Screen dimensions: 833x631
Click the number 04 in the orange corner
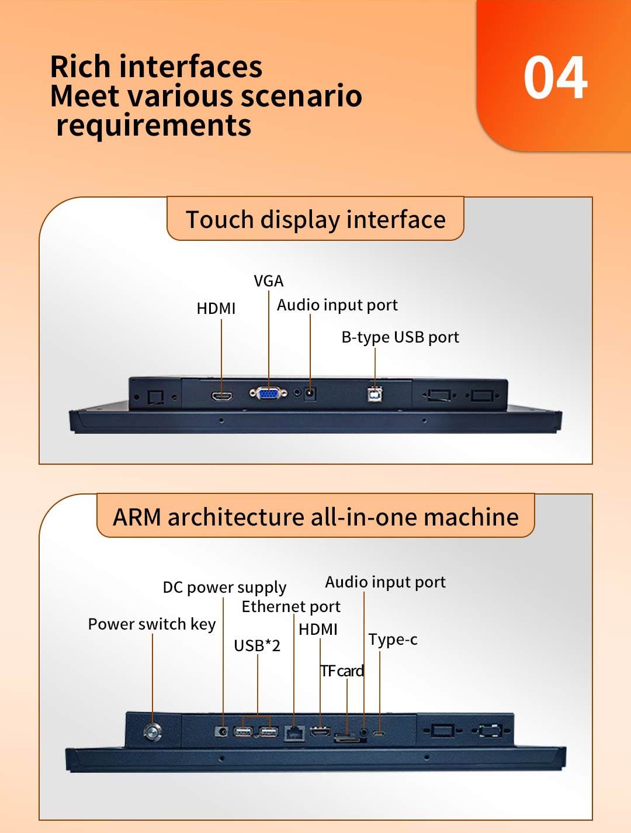point(555,78)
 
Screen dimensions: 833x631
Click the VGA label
point(269,281)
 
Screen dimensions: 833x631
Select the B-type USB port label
point(400,337)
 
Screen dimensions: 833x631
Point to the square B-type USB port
point(375,395)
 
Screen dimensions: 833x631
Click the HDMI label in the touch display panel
point(216,308)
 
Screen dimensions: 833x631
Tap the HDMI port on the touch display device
point(221,396)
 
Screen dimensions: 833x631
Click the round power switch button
point(152,731)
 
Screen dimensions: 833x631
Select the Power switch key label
point(152,624)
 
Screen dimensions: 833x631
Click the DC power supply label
point(224,587)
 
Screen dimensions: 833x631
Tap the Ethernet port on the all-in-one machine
point(294,732)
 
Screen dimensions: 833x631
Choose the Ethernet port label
point(291,607)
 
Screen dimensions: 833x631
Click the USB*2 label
point(257,645)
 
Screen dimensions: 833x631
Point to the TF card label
point(342,671)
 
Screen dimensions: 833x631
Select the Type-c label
point(393,640)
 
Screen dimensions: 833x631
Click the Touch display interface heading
point(315,220)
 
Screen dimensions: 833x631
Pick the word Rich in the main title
point(81,67)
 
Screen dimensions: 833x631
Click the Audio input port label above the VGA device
point(337,305)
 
